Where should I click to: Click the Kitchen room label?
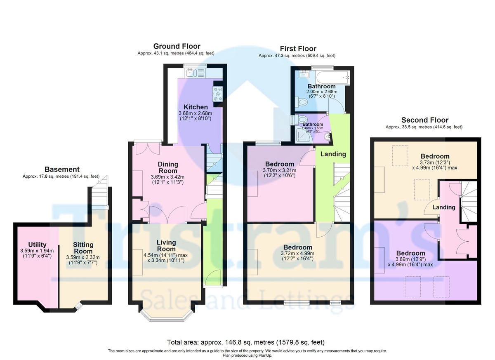[196, 107]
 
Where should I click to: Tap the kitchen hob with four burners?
[218, 94]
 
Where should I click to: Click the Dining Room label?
[168, 167]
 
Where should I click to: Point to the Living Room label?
[166, 246]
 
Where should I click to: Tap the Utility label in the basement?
[37, 245]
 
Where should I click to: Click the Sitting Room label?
[83, 248]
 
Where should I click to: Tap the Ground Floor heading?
[177, 46]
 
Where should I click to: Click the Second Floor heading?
[425, 120]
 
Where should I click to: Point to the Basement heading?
[62, 169]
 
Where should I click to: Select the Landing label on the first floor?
[333, 154]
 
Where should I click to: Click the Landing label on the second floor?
[444, 207]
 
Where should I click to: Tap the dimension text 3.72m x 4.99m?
[297, 253]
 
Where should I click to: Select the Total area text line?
[246, 342]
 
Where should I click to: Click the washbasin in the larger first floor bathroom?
[305, 74]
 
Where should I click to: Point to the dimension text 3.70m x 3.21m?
[279, 170]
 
